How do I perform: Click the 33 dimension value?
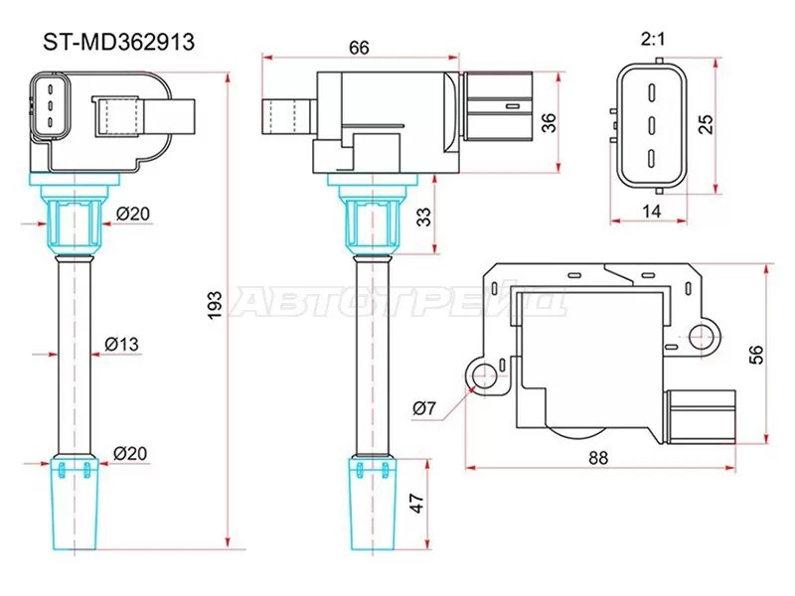point(424,216)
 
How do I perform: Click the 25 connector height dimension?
point(707,123)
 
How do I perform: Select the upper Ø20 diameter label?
point(131,214)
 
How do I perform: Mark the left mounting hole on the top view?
point(484,375)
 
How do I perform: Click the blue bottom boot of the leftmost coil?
point(76,507)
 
